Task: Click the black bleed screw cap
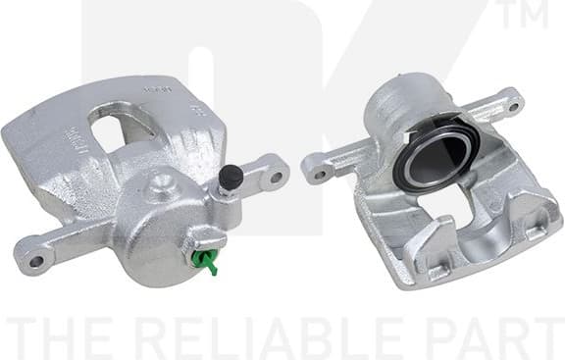[x=230, y=177]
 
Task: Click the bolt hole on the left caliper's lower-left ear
[x=37, y=261]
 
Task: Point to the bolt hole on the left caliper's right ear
[x=277, y=178]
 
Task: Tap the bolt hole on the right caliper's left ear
[x=318, y=175]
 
